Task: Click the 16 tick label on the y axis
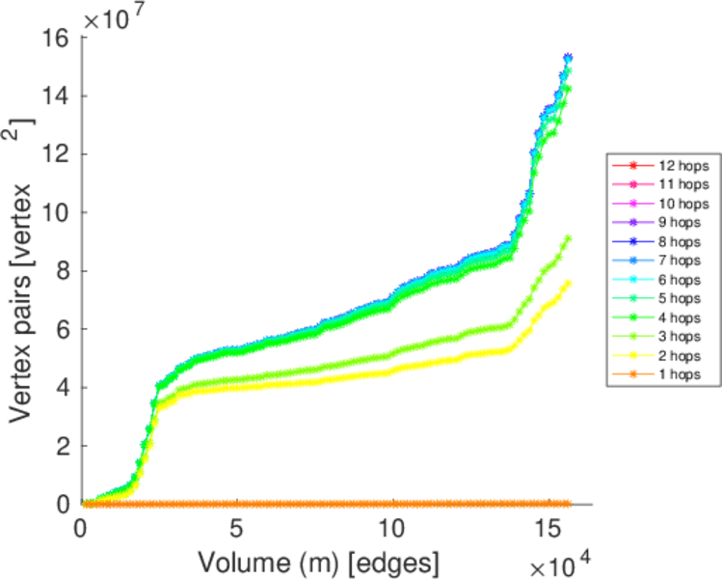point(54,38)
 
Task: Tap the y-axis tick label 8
point(60,271)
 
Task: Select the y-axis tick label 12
point(54,154)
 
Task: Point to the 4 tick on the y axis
point(60,388)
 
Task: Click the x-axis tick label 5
point(237,530)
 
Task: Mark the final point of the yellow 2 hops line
point(568,282)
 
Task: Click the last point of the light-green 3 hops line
point(568,237)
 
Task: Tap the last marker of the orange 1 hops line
point(568,504)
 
